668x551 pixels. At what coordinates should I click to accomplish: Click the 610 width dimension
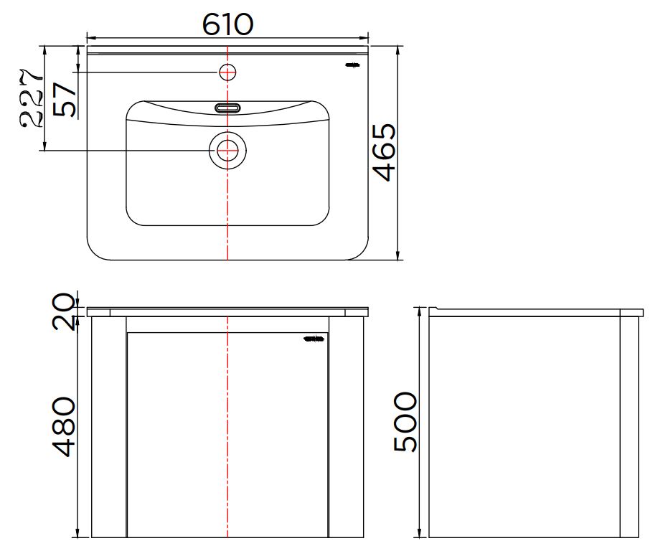coord(227,24)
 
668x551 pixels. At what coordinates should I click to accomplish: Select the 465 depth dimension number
coord(384,152)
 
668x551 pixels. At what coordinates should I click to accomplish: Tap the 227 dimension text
coord(31,98)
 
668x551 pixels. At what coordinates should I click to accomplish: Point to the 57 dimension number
coord(65,99)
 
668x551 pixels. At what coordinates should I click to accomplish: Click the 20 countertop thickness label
coord(64,311)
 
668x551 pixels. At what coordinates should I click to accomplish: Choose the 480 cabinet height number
coord(63,427)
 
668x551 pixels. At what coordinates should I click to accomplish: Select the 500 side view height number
coord(405,421)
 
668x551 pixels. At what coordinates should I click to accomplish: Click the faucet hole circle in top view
coord(227,72)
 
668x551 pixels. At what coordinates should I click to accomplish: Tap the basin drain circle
coord(227,150)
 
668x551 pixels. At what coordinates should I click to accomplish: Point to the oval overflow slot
coord(227,108)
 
